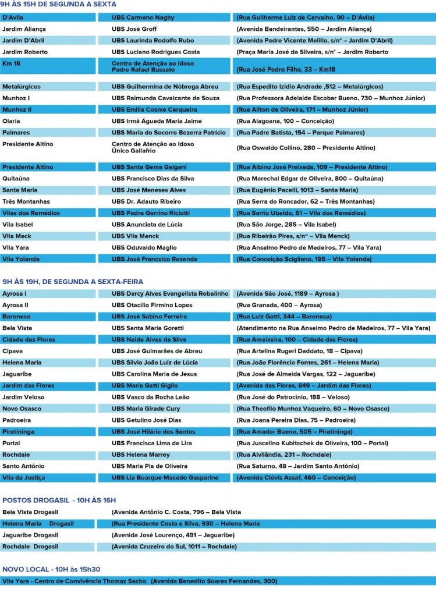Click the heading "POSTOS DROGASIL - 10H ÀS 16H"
coord(59,500)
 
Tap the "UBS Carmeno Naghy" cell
coord(143,17)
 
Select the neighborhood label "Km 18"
coord(11,63)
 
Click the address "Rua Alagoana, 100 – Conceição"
coord(285,121)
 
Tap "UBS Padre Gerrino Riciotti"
coord(151,213)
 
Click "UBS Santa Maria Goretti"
coord(149,328)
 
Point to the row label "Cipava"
coord(13,351)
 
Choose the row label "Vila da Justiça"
coord(23,477)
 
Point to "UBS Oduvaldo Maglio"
coord(144,247)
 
